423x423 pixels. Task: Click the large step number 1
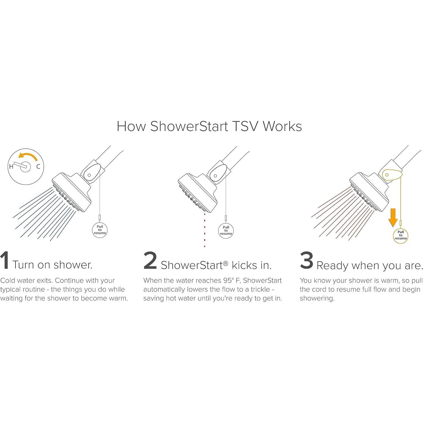pyautogui.click(x=5, y=260)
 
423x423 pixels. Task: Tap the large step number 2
pyautogui.click(x=150, y=261)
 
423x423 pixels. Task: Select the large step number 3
pyautogui.click(x=306, y=260)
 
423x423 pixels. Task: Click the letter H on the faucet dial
pyautogui.click(x=11, y=167)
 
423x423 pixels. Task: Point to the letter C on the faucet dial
pyautogui.click(x=38, y=167)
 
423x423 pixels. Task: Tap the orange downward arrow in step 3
pyautogui.click(x=393, y=218)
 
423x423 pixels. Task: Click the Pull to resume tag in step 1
pyautogui.click(x=100, y=230)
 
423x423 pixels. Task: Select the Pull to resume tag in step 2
pyautogui.click(x=226, y=230)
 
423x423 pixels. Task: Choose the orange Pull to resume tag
pyautogui.click(x=400, y=235)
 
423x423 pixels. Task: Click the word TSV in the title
pyautogui.click(x=245, y=126)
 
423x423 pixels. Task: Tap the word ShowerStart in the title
pyautogui.click(x=189, y=126)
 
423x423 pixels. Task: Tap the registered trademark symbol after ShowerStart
pyautogui.click(x=225, y=263)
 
